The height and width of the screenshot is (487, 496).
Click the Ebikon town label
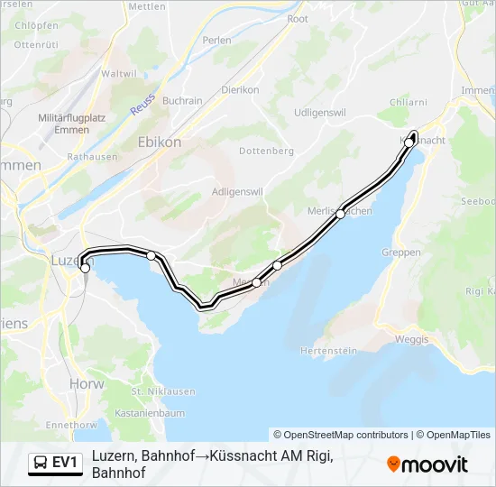coord(159,142)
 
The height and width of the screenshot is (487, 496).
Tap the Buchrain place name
coord(182,101)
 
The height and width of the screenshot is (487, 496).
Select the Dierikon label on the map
coord(240,90)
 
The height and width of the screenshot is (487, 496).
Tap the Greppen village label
coord(401,253)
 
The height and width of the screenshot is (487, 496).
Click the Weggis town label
coord(412,339)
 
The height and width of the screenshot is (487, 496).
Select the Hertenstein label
coord(331,350)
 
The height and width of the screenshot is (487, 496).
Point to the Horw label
coord(84,383)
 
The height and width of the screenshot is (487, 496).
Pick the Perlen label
coord(217,41)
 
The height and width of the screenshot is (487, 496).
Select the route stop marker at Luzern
coord(86,268)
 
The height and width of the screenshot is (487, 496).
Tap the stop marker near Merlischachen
coord(341,214)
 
